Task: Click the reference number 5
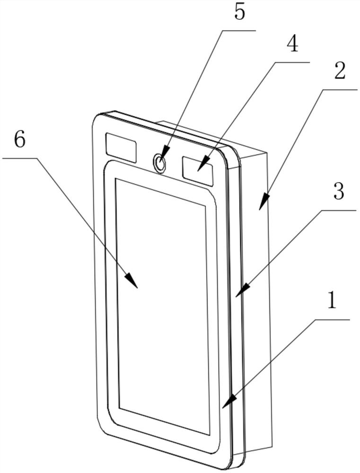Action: click(x=240, y=12)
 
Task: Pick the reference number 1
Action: click(x=332, y=301)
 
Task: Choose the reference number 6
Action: click(x=19, y=140)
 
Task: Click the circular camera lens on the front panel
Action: click(x=160, y=164)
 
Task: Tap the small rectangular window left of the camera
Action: click(x=121, y=148)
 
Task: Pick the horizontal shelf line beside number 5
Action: click(x=239, y=30)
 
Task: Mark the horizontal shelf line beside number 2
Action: click(x=340, y=89)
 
